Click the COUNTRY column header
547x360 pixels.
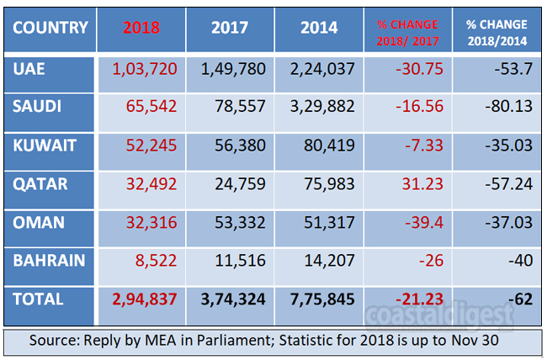pos(50,27)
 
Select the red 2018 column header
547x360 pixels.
pos(141,27)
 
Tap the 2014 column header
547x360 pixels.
pos(321,27)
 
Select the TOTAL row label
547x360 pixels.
pos(40,298)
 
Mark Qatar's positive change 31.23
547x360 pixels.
pos(422,184)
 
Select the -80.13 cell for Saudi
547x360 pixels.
pos(508,108)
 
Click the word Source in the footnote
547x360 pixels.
pos(56,341)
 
